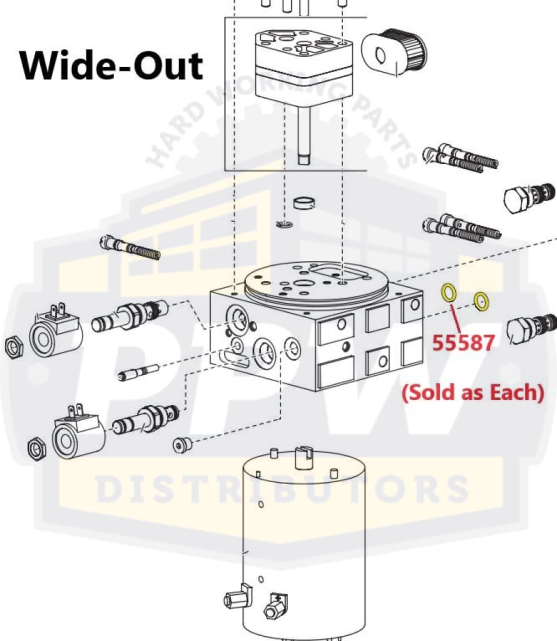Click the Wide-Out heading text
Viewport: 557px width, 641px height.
pos(112,65)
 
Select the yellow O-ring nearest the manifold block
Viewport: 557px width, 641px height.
pos(449,292)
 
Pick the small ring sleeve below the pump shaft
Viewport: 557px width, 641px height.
pos(304,203)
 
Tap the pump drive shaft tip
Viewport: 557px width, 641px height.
pos(304,159)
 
